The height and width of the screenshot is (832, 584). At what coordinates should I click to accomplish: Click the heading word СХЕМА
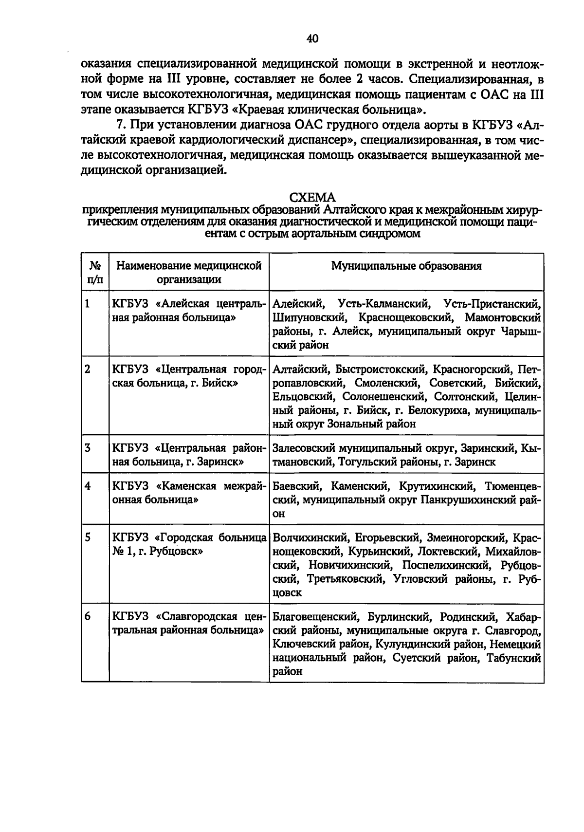[x=312, y=198]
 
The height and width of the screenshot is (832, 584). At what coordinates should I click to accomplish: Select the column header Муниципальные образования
[x=406, y=266]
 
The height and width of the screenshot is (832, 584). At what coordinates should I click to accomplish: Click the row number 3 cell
[x=88, y=448]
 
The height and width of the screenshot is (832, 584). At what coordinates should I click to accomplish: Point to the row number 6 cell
[x=88, y=616]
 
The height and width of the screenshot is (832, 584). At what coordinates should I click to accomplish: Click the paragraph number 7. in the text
[x=115, y=126]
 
